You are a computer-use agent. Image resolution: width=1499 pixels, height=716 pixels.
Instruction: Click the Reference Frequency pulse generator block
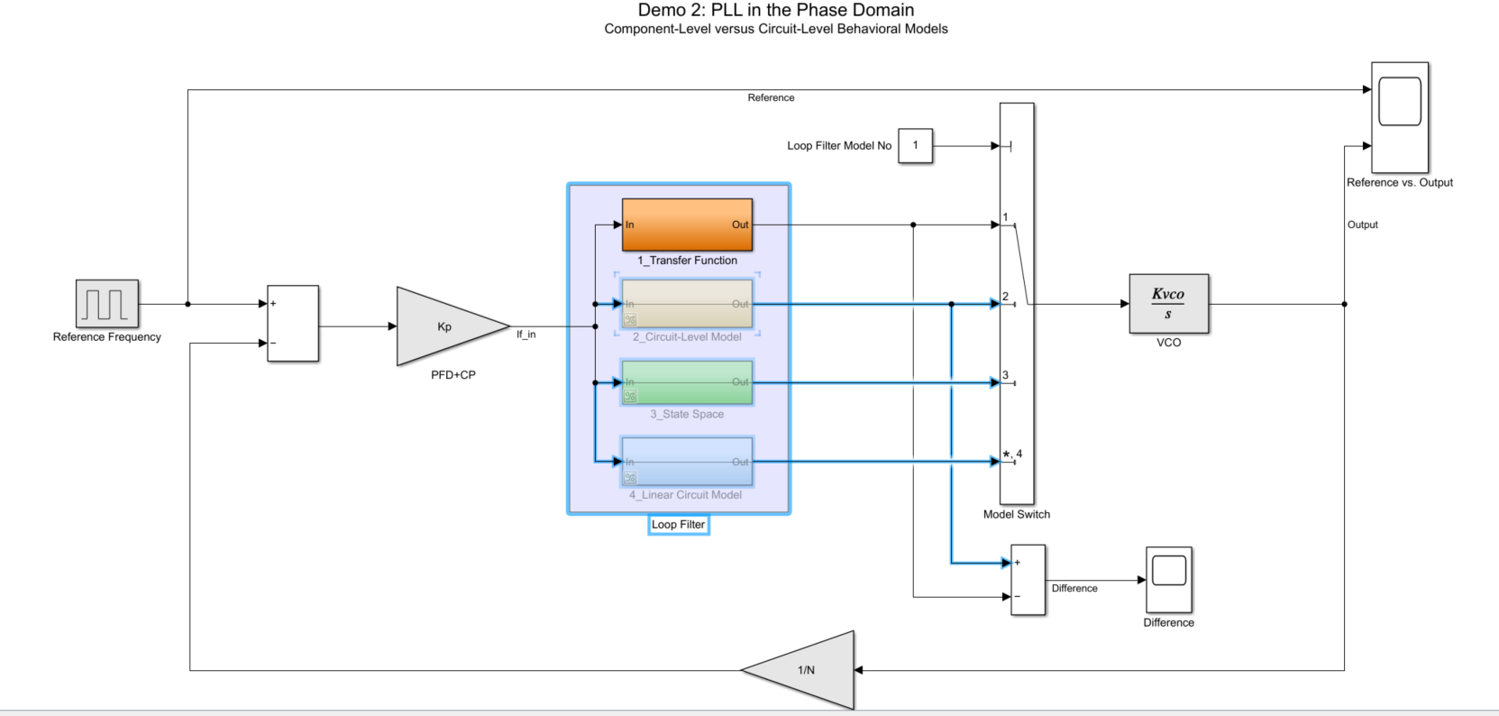point(107,303)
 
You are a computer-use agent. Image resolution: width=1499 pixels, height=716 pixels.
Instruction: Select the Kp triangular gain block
point(445,326)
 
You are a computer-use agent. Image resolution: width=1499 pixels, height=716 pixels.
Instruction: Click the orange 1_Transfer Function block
point(687,225)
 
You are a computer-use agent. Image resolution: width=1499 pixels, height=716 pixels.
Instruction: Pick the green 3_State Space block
point(687,382)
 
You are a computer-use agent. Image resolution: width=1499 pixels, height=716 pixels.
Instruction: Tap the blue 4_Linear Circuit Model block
point(687,462)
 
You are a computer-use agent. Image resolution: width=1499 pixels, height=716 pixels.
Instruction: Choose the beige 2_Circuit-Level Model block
point(687,304)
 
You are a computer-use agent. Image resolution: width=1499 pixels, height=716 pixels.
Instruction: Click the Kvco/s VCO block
point(1168,304)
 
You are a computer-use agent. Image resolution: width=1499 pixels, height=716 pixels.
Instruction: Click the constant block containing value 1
point(915,145)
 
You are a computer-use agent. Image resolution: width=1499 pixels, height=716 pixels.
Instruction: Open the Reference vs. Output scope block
point(1399,116)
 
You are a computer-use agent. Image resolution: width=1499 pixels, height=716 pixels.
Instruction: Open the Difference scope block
point(1168,580)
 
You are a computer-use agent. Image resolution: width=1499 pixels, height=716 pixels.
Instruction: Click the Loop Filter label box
point(678,525)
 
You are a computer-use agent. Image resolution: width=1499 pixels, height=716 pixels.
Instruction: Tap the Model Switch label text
point(1016,515)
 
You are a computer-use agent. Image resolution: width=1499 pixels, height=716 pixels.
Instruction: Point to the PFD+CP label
point(452,375)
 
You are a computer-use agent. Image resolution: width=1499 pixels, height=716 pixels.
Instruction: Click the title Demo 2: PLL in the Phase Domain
point(775,11)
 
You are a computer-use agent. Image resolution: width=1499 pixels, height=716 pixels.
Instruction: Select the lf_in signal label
point(526,335)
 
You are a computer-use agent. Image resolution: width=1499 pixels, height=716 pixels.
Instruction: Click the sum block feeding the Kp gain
point(293,324)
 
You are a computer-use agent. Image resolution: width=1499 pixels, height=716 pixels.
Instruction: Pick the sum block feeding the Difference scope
point(1028,580)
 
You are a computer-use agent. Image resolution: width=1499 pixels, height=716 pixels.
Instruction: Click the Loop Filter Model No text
point(838,146)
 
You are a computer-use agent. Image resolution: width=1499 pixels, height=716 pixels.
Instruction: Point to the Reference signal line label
point(771,98)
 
